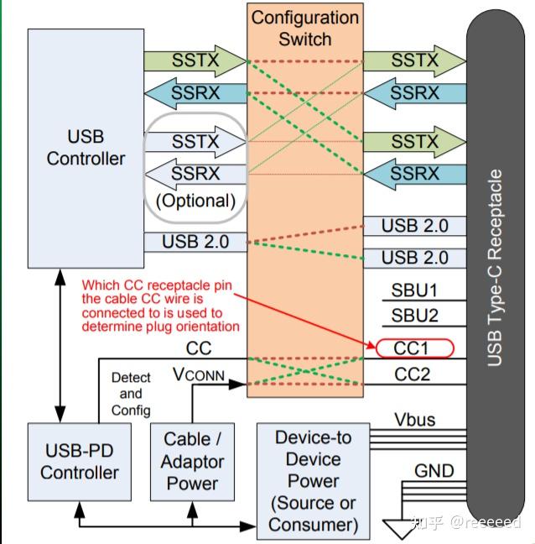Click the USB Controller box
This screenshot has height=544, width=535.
(x=85, y=147)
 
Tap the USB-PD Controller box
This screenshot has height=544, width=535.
(x=80, y=462)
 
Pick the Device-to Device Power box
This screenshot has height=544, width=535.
(x=313, y=481)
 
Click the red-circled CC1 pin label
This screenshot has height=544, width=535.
(x=413, y=348)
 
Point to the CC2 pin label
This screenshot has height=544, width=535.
(x=413, y=374)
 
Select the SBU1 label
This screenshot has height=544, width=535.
(x=415, y=291)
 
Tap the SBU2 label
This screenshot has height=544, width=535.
(x=415, y=316)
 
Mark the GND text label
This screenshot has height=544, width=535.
(x=434, y=471)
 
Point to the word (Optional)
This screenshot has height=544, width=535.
(x=195, y=201)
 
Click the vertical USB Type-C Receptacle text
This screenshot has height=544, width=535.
(x=496, y=269)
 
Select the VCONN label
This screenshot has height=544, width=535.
(x=199, y=374)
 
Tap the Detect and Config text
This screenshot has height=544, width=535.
(x=131, y=394)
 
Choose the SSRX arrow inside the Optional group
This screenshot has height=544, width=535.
(x=195, y=173)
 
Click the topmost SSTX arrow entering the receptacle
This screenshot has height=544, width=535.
(x=414, y=60)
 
